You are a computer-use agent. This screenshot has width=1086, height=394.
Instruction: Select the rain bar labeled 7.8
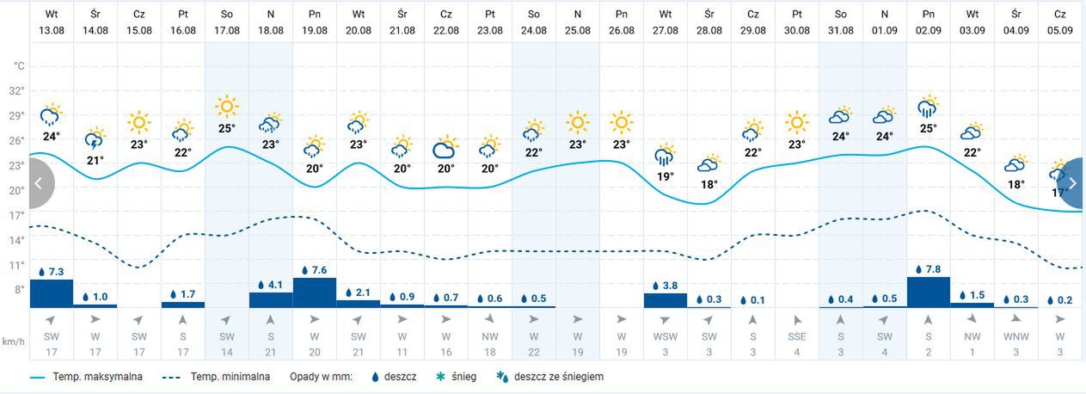928,291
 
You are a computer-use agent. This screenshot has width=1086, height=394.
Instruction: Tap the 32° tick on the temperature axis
17,90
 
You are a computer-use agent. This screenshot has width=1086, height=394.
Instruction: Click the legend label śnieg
463,377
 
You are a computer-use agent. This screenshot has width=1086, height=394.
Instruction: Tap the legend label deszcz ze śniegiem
558,377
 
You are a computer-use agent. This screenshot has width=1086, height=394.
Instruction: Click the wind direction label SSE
797,336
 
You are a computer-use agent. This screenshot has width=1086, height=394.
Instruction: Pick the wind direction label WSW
666,336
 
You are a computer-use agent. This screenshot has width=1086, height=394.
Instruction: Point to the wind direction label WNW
1016,336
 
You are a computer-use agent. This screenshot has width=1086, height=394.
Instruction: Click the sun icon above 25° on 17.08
227,107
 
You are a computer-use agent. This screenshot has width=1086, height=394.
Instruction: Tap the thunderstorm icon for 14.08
95,139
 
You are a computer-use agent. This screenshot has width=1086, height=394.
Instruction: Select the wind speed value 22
534,352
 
